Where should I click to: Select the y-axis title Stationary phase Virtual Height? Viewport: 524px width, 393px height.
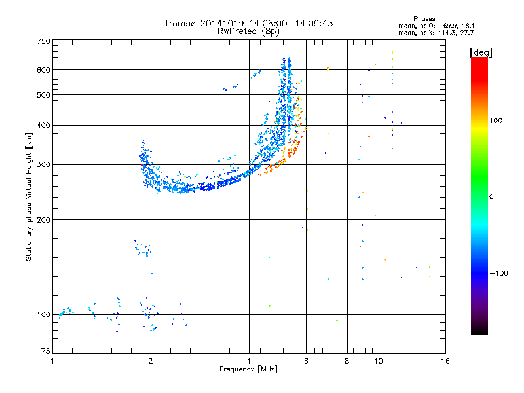(x=29, y=196)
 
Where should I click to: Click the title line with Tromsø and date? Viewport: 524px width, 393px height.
(x=249, y=23)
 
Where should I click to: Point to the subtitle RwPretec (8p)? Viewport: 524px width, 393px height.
(x=249, y=31)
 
